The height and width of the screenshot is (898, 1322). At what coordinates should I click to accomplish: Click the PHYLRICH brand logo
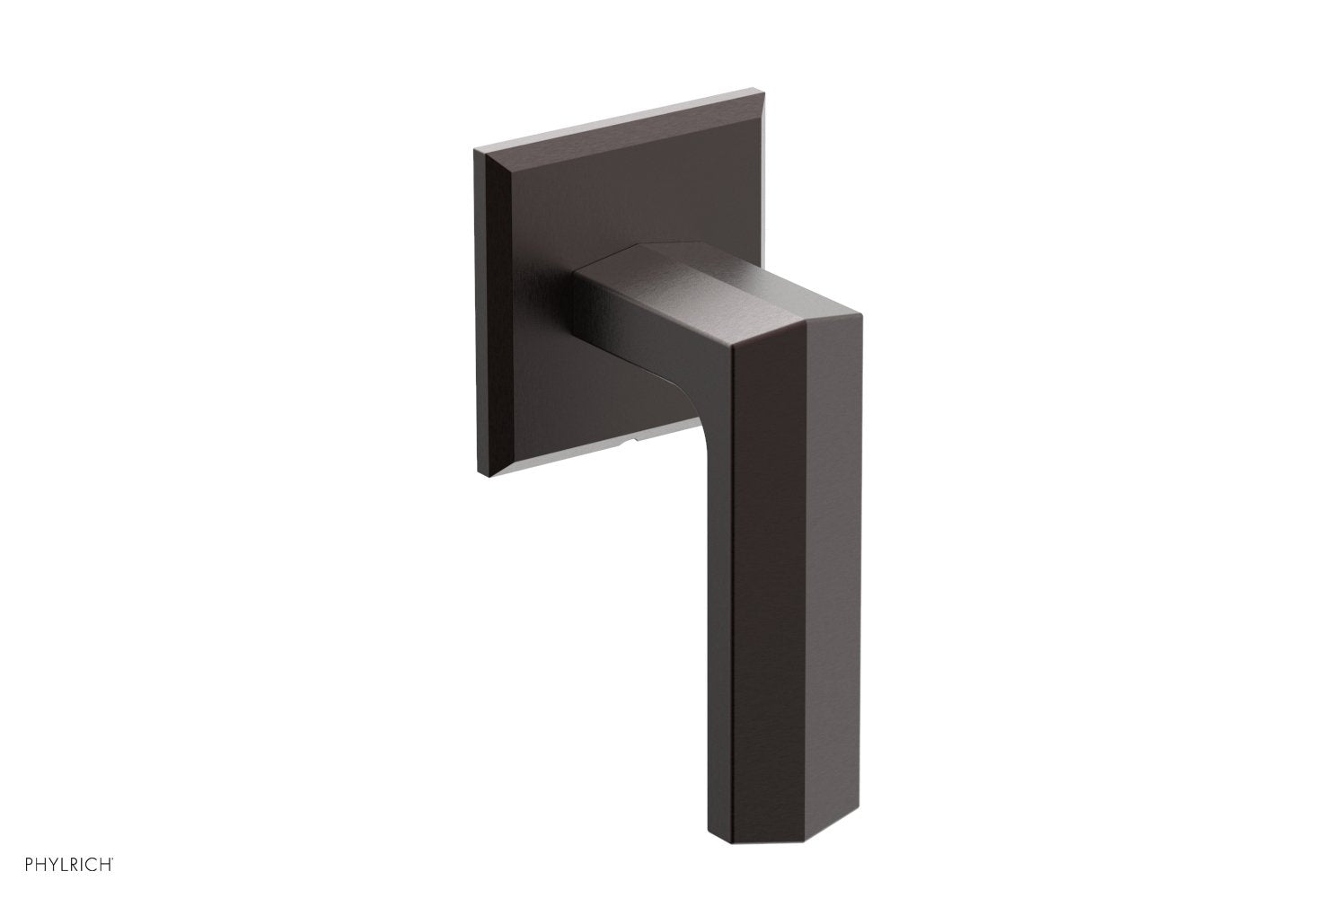[x=61, y=865]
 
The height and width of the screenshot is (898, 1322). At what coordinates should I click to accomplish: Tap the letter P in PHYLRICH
[x=16, y=865]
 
